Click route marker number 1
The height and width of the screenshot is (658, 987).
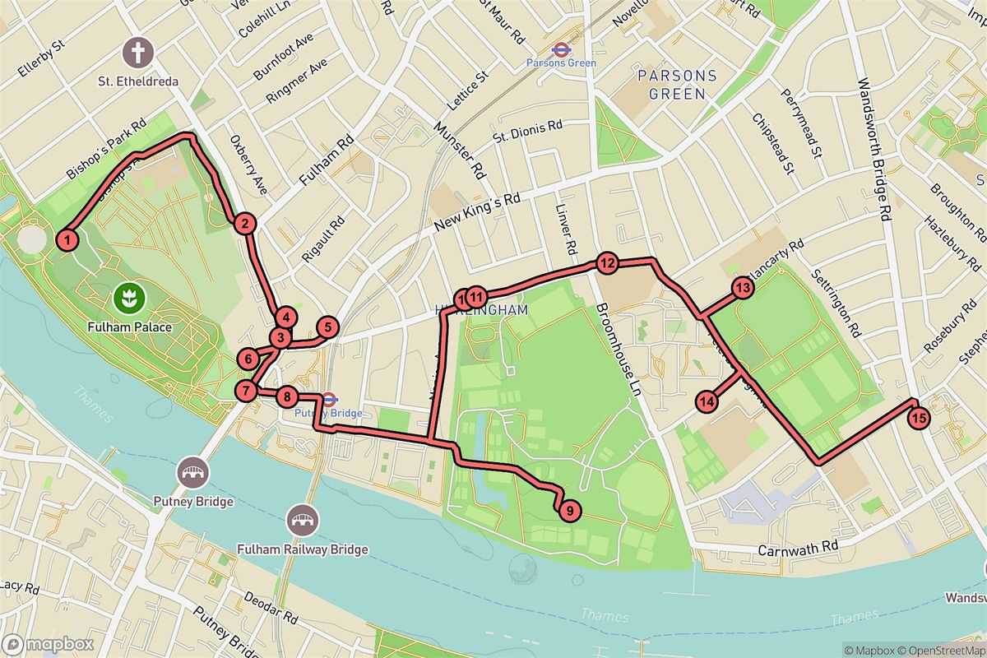pos(68,240)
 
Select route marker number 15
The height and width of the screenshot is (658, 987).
pos(920,418)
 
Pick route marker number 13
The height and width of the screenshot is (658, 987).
pos(743,288)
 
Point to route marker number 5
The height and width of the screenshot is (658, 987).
pos(327,327)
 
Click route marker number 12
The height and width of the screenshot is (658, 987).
pos(607,264)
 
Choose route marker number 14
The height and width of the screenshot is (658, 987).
pos(707,401)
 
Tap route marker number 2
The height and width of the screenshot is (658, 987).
pos(243,223)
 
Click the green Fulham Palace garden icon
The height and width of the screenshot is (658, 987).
pos(128,294)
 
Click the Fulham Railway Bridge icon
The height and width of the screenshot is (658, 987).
pos(301,520)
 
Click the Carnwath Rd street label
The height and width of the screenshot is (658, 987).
pos(798,546)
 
